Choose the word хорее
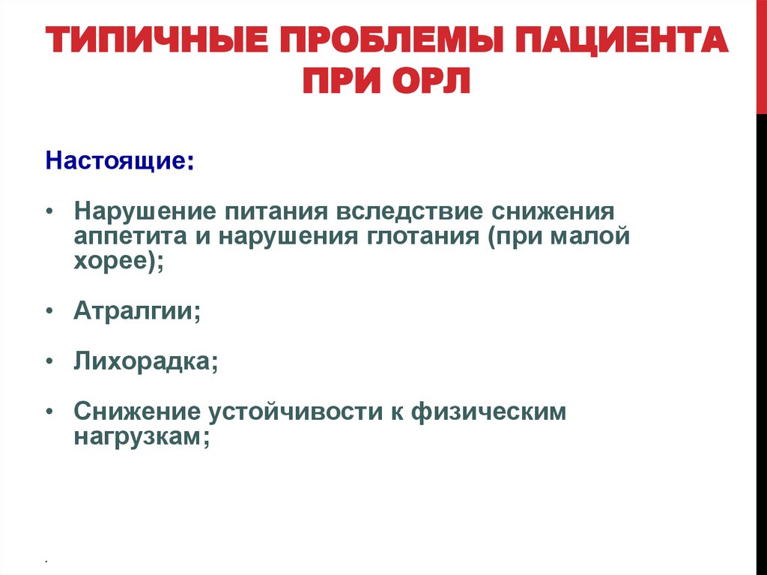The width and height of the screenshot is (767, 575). [113, 262]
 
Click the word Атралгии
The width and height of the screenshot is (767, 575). [135, 312]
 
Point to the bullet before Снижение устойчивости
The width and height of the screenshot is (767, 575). [49, 412]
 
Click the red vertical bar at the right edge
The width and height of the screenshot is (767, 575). [761, 57]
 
